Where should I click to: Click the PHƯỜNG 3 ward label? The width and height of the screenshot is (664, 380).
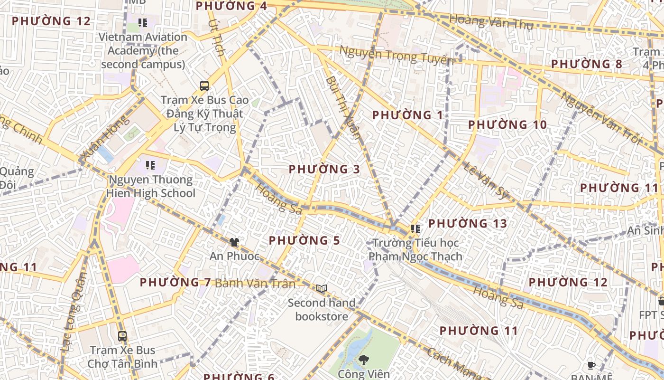324,170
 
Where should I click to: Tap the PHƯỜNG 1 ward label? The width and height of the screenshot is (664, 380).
407,115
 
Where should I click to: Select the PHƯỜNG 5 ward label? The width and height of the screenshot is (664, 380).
304,241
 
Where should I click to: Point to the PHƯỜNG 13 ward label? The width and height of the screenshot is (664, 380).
468,224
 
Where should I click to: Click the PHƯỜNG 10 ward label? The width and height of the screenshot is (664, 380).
507,125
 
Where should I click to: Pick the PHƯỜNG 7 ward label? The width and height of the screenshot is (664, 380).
175,283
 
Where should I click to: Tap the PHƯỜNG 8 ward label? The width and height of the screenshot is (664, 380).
586,64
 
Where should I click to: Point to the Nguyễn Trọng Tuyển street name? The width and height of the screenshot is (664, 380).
397,56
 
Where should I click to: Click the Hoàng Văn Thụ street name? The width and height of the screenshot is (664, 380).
491,22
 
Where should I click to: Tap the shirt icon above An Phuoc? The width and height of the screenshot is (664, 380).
234,242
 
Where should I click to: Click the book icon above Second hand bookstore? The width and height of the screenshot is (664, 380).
322,288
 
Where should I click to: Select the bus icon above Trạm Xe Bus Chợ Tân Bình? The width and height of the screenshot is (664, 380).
122,336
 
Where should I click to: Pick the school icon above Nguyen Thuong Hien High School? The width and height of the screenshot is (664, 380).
150,165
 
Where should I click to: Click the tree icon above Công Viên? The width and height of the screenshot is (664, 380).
364,360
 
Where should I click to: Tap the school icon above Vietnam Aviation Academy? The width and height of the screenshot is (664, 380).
143,22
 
